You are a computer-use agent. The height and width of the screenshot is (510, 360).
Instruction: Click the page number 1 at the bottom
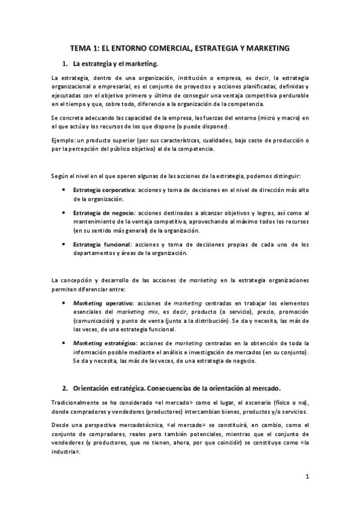click(307, 478)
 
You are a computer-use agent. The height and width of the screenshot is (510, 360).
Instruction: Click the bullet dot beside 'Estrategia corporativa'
click(64, 190)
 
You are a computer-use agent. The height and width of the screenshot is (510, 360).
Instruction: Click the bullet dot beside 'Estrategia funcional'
click(64, 245)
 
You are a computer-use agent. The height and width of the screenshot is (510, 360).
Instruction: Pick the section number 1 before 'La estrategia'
click(65, 63)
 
